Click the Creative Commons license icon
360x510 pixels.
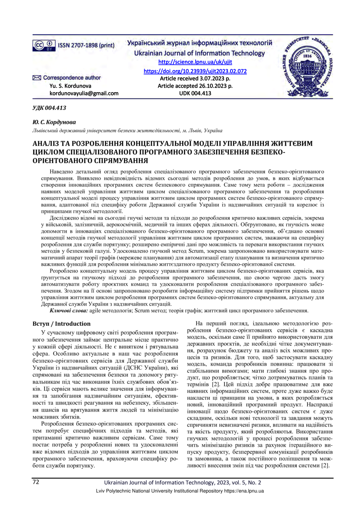pyautogui.click(x=44, y=45)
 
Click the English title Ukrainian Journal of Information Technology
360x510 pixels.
pyautogui.click(x=199, y=53)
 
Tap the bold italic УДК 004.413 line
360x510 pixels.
pyautogui.click(x=49, y=108)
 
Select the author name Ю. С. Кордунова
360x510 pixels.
pyautogui.click(x=57, y=123)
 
